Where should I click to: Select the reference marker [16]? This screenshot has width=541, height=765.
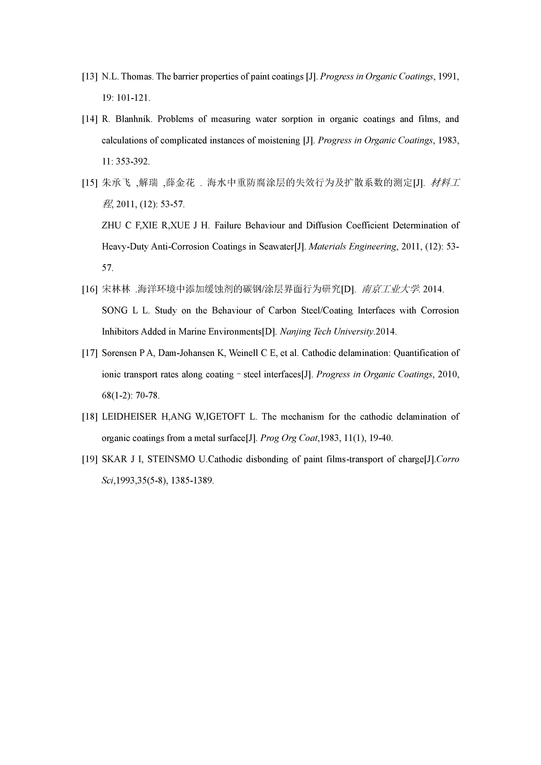click(89, 289)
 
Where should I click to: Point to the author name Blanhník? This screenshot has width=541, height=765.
click(133, 119)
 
